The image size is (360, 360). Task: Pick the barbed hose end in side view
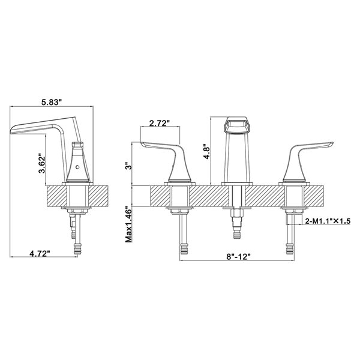[x=76, y=247]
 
